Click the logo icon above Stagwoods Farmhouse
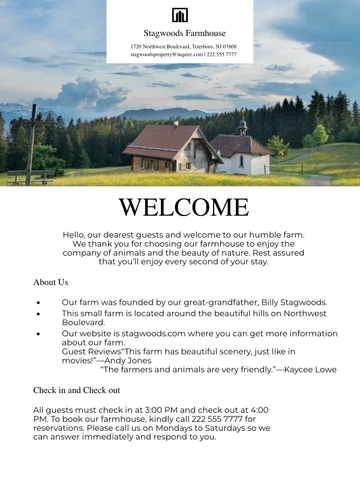[180, 15]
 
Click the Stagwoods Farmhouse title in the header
[180, 33]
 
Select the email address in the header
[150, 54]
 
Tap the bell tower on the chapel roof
[243, 127]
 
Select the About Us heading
[51, 283]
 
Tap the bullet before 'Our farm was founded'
[38, 302]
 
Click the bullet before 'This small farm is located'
[38, 314]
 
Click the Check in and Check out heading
[77, 390]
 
